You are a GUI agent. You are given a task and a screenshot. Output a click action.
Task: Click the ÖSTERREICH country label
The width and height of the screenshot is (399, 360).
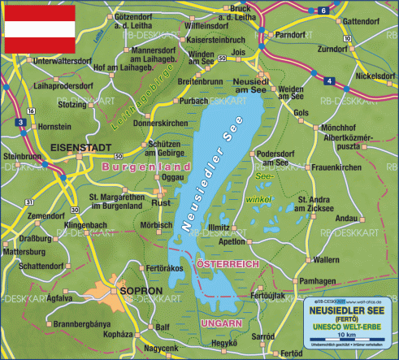click(228, 265)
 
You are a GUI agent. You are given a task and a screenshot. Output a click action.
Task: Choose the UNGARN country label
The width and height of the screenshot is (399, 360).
click(220, 323)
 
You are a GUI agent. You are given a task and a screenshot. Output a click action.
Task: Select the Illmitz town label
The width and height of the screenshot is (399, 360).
click(219, 228)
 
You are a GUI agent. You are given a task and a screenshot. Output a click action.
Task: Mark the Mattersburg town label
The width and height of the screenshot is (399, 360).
click(25, 252)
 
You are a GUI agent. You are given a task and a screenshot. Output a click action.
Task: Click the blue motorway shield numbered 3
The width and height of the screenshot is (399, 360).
click(20, 121)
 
